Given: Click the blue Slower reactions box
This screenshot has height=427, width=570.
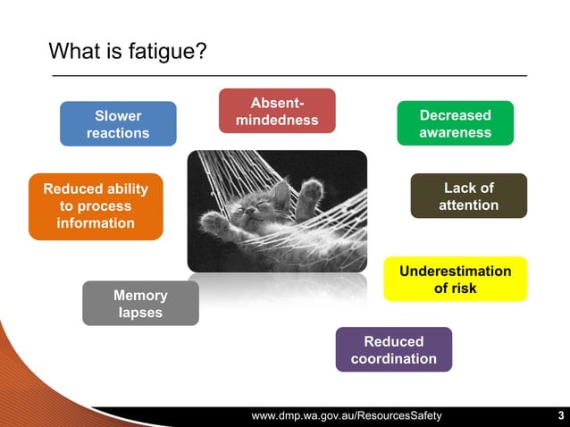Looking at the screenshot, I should tap(118, 124).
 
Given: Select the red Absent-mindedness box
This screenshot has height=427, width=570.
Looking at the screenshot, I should tap(277, 111).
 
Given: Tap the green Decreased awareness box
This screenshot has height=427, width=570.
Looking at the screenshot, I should tap(455, 123).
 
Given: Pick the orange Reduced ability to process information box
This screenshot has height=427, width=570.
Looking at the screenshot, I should tap(96, 206).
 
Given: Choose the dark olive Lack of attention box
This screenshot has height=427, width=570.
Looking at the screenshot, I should tap(468, 196).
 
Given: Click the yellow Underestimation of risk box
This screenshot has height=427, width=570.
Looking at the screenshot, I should tap(455, 279).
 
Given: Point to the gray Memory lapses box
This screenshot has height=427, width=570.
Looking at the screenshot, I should tap(140, 304).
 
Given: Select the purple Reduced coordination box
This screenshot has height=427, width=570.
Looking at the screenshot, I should tap(393, 349).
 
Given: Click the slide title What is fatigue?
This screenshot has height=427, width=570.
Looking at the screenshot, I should tap(128, 51).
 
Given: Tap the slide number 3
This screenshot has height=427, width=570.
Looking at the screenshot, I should tap(560, 416).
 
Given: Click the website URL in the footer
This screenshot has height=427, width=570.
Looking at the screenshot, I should tap(346, 416).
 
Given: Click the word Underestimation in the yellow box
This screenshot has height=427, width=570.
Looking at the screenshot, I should tap(455, 271).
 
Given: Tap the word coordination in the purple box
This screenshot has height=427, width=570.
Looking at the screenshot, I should tap(393, 358).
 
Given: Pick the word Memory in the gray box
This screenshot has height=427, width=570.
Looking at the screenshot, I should tap(140, 295).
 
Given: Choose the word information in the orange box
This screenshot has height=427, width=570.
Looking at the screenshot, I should tap(96, 222).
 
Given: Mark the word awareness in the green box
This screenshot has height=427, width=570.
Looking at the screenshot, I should tap(455, 132).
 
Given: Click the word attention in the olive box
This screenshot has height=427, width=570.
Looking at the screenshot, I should tap(468, 205).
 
